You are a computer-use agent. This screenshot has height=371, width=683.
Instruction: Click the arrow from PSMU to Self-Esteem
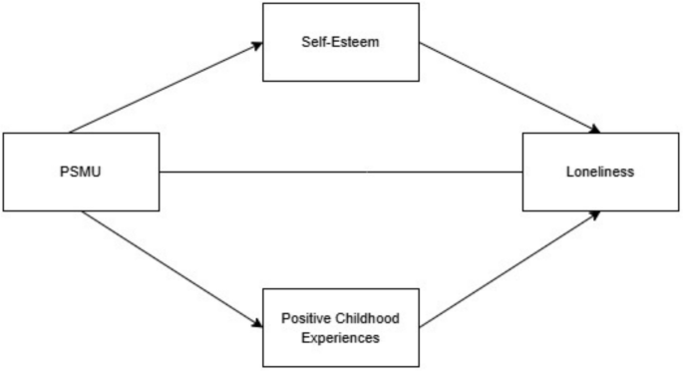[165, 88]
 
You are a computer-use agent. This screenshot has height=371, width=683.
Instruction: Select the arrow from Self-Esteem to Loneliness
[509, 87]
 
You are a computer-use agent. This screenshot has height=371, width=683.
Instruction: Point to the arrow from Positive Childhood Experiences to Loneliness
[509, 267]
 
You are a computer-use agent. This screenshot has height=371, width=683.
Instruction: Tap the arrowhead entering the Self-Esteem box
[254, 45]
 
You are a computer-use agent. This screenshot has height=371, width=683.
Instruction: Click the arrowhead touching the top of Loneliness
[595, 130]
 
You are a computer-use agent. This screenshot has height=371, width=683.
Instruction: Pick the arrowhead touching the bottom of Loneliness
[595, 213]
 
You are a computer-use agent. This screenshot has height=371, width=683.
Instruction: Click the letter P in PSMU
[64, 172]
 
